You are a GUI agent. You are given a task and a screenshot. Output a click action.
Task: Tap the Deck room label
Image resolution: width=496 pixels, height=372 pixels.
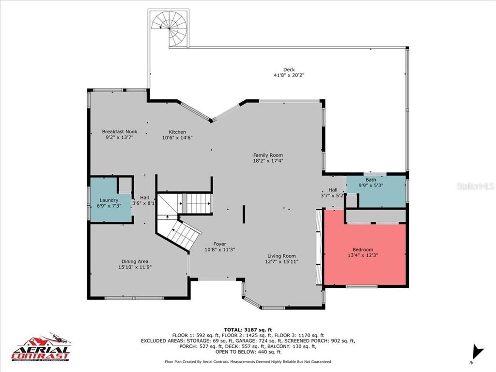click(x=289, y=70)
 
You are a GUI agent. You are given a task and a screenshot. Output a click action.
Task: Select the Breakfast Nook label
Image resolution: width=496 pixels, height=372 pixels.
click(x=119, y=132)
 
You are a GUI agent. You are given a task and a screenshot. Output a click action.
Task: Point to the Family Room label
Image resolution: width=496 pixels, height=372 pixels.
click(x=268, y=155)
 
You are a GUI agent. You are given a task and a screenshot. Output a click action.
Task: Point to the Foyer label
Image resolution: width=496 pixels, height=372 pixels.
click(x=219, y=244)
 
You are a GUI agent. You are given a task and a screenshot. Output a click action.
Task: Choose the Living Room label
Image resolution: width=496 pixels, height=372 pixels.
click(x=281, y=256)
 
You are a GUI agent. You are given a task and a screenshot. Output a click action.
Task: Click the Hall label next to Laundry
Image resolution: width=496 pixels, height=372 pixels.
click(x=144, y=198)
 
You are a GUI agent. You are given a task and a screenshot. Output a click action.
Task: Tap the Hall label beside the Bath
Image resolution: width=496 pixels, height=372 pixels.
click(x=333, y=190)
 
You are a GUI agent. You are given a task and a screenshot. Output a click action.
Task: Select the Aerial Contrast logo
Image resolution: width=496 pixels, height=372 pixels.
click(x=41, y=348)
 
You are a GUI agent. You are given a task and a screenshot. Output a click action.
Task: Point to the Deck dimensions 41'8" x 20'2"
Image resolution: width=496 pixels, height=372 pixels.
click(x=289, y=76)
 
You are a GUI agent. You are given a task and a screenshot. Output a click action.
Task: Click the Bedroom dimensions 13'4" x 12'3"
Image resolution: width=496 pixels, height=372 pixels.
click(x=363, y=255)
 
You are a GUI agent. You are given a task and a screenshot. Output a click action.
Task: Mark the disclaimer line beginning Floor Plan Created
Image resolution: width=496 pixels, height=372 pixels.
click(x=248, y=361)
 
